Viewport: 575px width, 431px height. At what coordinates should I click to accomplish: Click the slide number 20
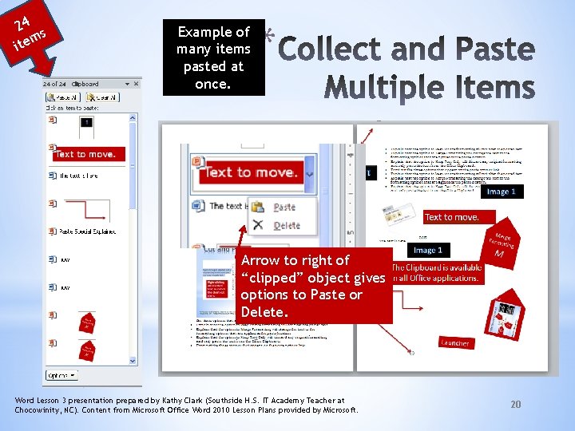515,405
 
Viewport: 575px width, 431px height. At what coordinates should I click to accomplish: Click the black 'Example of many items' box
213,57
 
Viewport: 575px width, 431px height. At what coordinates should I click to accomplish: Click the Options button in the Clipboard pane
61,374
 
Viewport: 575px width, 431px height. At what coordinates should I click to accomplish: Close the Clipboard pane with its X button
136,83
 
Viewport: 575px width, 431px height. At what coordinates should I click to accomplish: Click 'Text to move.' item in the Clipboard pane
85,154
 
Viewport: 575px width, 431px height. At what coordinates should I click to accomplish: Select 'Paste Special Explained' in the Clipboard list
87,231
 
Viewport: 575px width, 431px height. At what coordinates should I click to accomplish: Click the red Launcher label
455,342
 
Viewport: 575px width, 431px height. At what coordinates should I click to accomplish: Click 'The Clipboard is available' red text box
436,273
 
